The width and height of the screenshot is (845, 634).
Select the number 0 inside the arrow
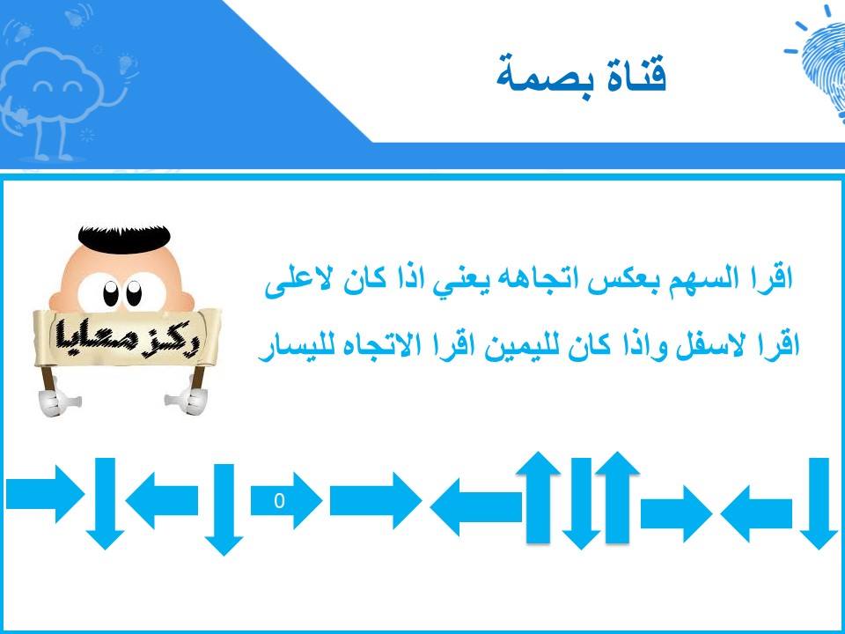pos(279,501)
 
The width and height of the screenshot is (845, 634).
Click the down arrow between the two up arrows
pos(581,504)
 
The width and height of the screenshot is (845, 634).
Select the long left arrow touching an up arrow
pos(476,507)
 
